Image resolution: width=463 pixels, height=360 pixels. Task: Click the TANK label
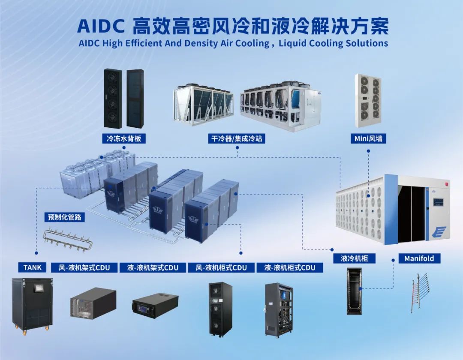point(33,267)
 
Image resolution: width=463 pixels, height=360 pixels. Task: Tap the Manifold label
point(419,258)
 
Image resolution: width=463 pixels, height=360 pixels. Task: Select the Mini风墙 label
point(368,138)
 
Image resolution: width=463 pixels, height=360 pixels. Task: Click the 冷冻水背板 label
point(124,138)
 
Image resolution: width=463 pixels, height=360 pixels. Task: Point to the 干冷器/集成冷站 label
point(237,138)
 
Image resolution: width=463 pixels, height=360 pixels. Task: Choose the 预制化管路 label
point(64,217)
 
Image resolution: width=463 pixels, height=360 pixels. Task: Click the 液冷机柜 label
point(355,258)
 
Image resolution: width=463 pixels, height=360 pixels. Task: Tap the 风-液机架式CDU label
point(84,267)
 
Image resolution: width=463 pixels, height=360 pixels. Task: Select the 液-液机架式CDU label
point(153,267)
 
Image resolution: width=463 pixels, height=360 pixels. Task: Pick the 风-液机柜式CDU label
point(221,267)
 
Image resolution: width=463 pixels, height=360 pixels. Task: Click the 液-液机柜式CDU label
point(290,267)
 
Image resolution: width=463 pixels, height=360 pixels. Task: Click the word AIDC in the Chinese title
point(101,26)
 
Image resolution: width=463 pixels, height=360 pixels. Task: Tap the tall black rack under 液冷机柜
point(354,291)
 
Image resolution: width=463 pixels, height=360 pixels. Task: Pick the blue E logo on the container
point(440,232)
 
